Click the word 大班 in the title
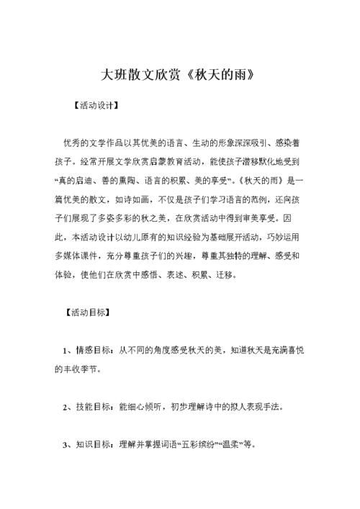point(110,74)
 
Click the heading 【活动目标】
point(86,312)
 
